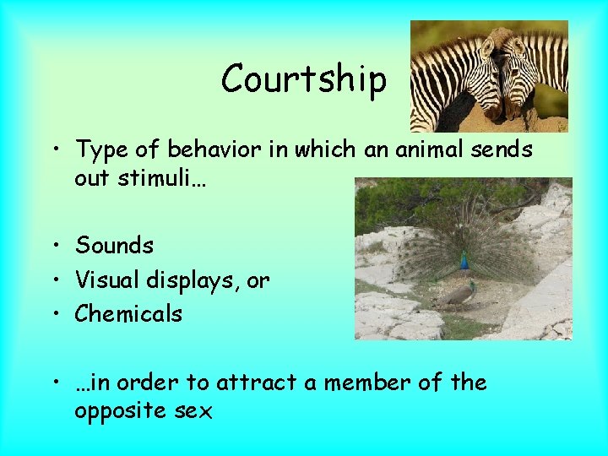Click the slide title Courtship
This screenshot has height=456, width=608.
[x=303, y=79]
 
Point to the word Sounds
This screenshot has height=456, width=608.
[x=114, y=246]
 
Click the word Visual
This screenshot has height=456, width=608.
[x=102, y=280]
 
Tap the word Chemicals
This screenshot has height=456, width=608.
[x=128, y=313]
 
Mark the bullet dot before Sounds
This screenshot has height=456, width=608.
[x=55, y=247]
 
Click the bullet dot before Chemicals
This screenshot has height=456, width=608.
[x=55, y=314]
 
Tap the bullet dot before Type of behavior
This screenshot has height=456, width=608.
[x=55, y=150]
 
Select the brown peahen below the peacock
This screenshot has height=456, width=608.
[x=460, y=295]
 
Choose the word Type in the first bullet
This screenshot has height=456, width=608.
[x=100, y=150]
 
